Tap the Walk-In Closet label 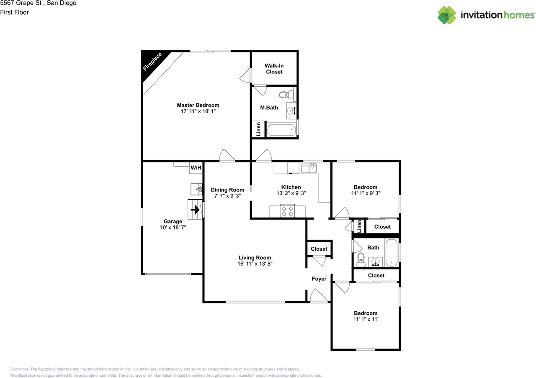tap(274, 69)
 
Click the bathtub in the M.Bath tap(281, 130)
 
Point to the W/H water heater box tap(196, 168)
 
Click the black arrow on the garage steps tap(195, 208)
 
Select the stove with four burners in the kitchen tap(288, 211)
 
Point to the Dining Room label tap(227, 190)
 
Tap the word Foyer tap(319, 279)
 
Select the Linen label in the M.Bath tap(259, 129)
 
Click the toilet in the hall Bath tap(360, 260)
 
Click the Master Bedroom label tap(198, 105)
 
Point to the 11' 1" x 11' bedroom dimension tap(366, 319)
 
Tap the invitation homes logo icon tap(447, 15)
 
